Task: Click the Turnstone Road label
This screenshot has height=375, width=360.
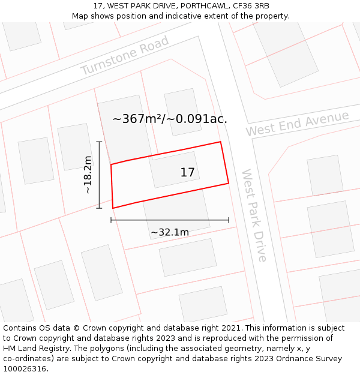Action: pyautogui.click(x=125, y=56)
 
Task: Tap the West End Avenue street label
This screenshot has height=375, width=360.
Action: pyautogui.click(x=296, y=124)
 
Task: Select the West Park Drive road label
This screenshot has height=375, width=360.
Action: pyautogui.click(x=253, y=215)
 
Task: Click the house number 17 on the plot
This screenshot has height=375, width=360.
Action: pyautogui.click(x=187, y=173)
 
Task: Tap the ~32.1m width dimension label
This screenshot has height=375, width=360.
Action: pyautogui.click(x=170, y=232)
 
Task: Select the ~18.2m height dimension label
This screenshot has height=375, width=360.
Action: pyautogui.click(x=88, y=175)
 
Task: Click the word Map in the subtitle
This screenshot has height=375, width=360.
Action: pyautogui.click(x=80, y=16)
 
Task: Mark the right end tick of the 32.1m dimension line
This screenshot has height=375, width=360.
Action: pyautogui.click(x=229, y=220)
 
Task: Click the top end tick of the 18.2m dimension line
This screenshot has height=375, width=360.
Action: pyautogui.click(x=100, y=142)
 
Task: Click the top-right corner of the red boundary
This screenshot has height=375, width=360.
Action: pyautogui.click(x=220, y=142)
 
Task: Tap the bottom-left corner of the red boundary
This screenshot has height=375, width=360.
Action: pyautogui.click(x=113, y=208)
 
